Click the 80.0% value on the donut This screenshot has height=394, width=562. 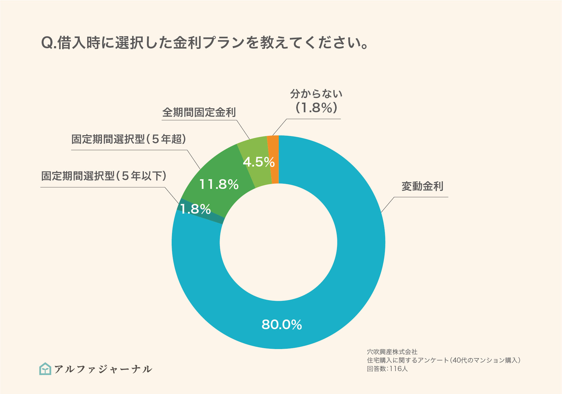click(x=281, y=325)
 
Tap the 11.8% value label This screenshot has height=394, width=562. click(x=219, y=184)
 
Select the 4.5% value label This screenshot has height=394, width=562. click(x=259, y=162)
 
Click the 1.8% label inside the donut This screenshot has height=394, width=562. click(x=195, y=209)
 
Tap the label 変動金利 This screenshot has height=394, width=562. click(x=422, y=186)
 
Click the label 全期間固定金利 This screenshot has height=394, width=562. click(x=199, y=113)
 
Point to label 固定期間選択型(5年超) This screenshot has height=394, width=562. click(x=129, y=139)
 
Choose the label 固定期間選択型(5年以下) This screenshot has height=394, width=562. click(x=104, y=176)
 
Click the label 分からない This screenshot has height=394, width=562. click(x=316, y=94)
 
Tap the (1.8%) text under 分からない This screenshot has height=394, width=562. click(x=316, y=108)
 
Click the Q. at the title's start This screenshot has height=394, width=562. click(x=48, y=43)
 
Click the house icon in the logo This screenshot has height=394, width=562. click(x=45, y=369)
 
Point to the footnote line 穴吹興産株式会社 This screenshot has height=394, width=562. click(x=392, y=352)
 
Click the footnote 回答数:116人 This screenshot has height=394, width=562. click(x=387, y=369)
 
